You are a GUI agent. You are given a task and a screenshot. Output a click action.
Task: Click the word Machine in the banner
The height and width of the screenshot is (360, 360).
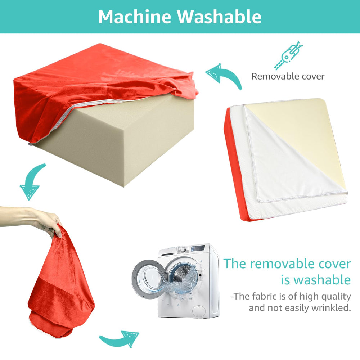pyautogui.click(x=135, y=17)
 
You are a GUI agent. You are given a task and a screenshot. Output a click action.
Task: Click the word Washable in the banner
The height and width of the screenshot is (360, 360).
pyautogui.click(x=219, y=17)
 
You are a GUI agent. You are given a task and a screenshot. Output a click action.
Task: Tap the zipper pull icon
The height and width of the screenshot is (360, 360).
pyautogui.click(x=288, y=55)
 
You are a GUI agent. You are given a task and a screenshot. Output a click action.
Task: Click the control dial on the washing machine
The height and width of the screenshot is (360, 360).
pyautogui.click(x=183, y=249)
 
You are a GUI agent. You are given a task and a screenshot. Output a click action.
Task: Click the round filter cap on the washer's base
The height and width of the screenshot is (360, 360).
pyautogui.click(x=199, y=311)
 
